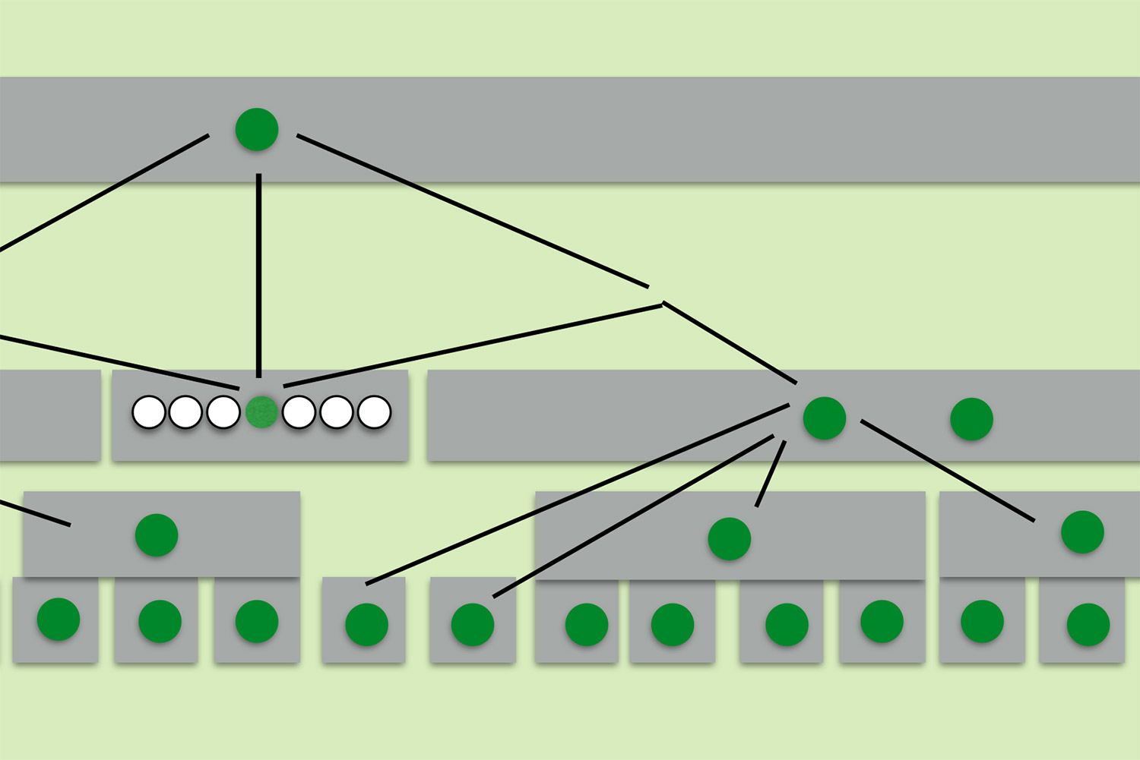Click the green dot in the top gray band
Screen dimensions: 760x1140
pyautogui.click(x=257, y=129)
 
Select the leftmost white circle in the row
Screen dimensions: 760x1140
pyautogui.click(x=149, y=412)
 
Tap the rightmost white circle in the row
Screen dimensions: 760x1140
pyautogui.click(x=374, y=412)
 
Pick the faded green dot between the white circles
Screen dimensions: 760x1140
pyautogui.click(x=261, y=412)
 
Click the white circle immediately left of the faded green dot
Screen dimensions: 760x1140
pyautogui.click(x=223, y=412)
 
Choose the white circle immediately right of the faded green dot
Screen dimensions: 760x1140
pyautogui.click(x=299, y=412)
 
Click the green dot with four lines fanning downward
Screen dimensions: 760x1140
pyautogui.click(x=825, y=418)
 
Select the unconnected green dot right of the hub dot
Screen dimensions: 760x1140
pyautogui.click(x=972, y=418)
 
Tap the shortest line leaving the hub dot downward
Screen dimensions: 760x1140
pyautogui.click(x=770, y=474)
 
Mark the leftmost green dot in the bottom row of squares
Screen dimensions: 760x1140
pyautogui.click(x=59, y=620)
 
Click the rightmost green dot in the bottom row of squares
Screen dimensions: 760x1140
pyautogui.click(x=1088, y=624)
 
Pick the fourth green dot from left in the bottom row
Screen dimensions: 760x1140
pyautogui.click(x=366, y=624)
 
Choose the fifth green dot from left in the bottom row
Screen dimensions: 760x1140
pyautogui.click(x=473, y=624)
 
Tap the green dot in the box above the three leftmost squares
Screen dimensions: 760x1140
pyautogui.click(x=157, y=535)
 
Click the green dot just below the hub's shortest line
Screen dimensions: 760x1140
pyautogui.click(x=730, y=538)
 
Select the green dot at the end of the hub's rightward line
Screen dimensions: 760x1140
pyautogui.click(x=1082, y=531)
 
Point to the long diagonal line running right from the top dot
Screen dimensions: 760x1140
pyautogui.click(x=471, y=211)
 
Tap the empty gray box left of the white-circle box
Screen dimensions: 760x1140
pyautogui.click(x=49, y=415)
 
